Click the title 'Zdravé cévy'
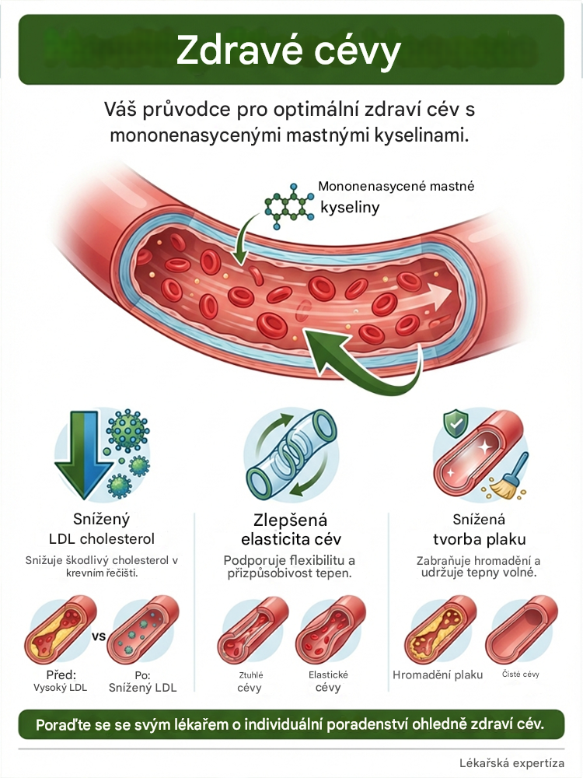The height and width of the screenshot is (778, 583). point(288,51)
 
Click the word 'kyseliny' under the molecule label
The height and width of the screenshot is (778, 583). point(350,208)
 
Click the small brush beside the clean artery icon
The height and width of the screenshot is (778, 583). point(510,477)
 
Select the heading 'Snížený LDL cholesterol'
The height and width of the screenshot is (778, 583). point(102,529)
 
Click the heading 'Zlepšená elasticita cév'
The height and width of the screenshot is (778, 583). point(291,529)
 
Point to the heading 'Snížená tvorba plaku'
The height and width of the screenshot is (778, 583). point(480,529)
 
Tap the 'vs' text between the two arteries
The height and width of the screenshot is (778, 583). point(99,636)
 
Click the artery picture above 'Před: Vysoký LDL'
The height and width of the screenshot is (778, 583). point(61,630)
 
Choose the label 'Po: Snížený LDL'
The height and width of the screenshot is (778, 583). point(143,682)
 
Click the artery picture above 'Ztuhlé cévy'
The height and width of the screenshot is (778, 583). point(253,630)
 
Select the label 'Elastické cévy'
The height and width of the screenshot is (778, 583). point(328,682)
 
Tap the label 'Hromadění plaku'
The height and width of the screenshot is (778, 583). point(438,675)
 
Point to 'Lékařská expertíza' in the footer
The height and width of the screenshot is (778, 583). point(511,763)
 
